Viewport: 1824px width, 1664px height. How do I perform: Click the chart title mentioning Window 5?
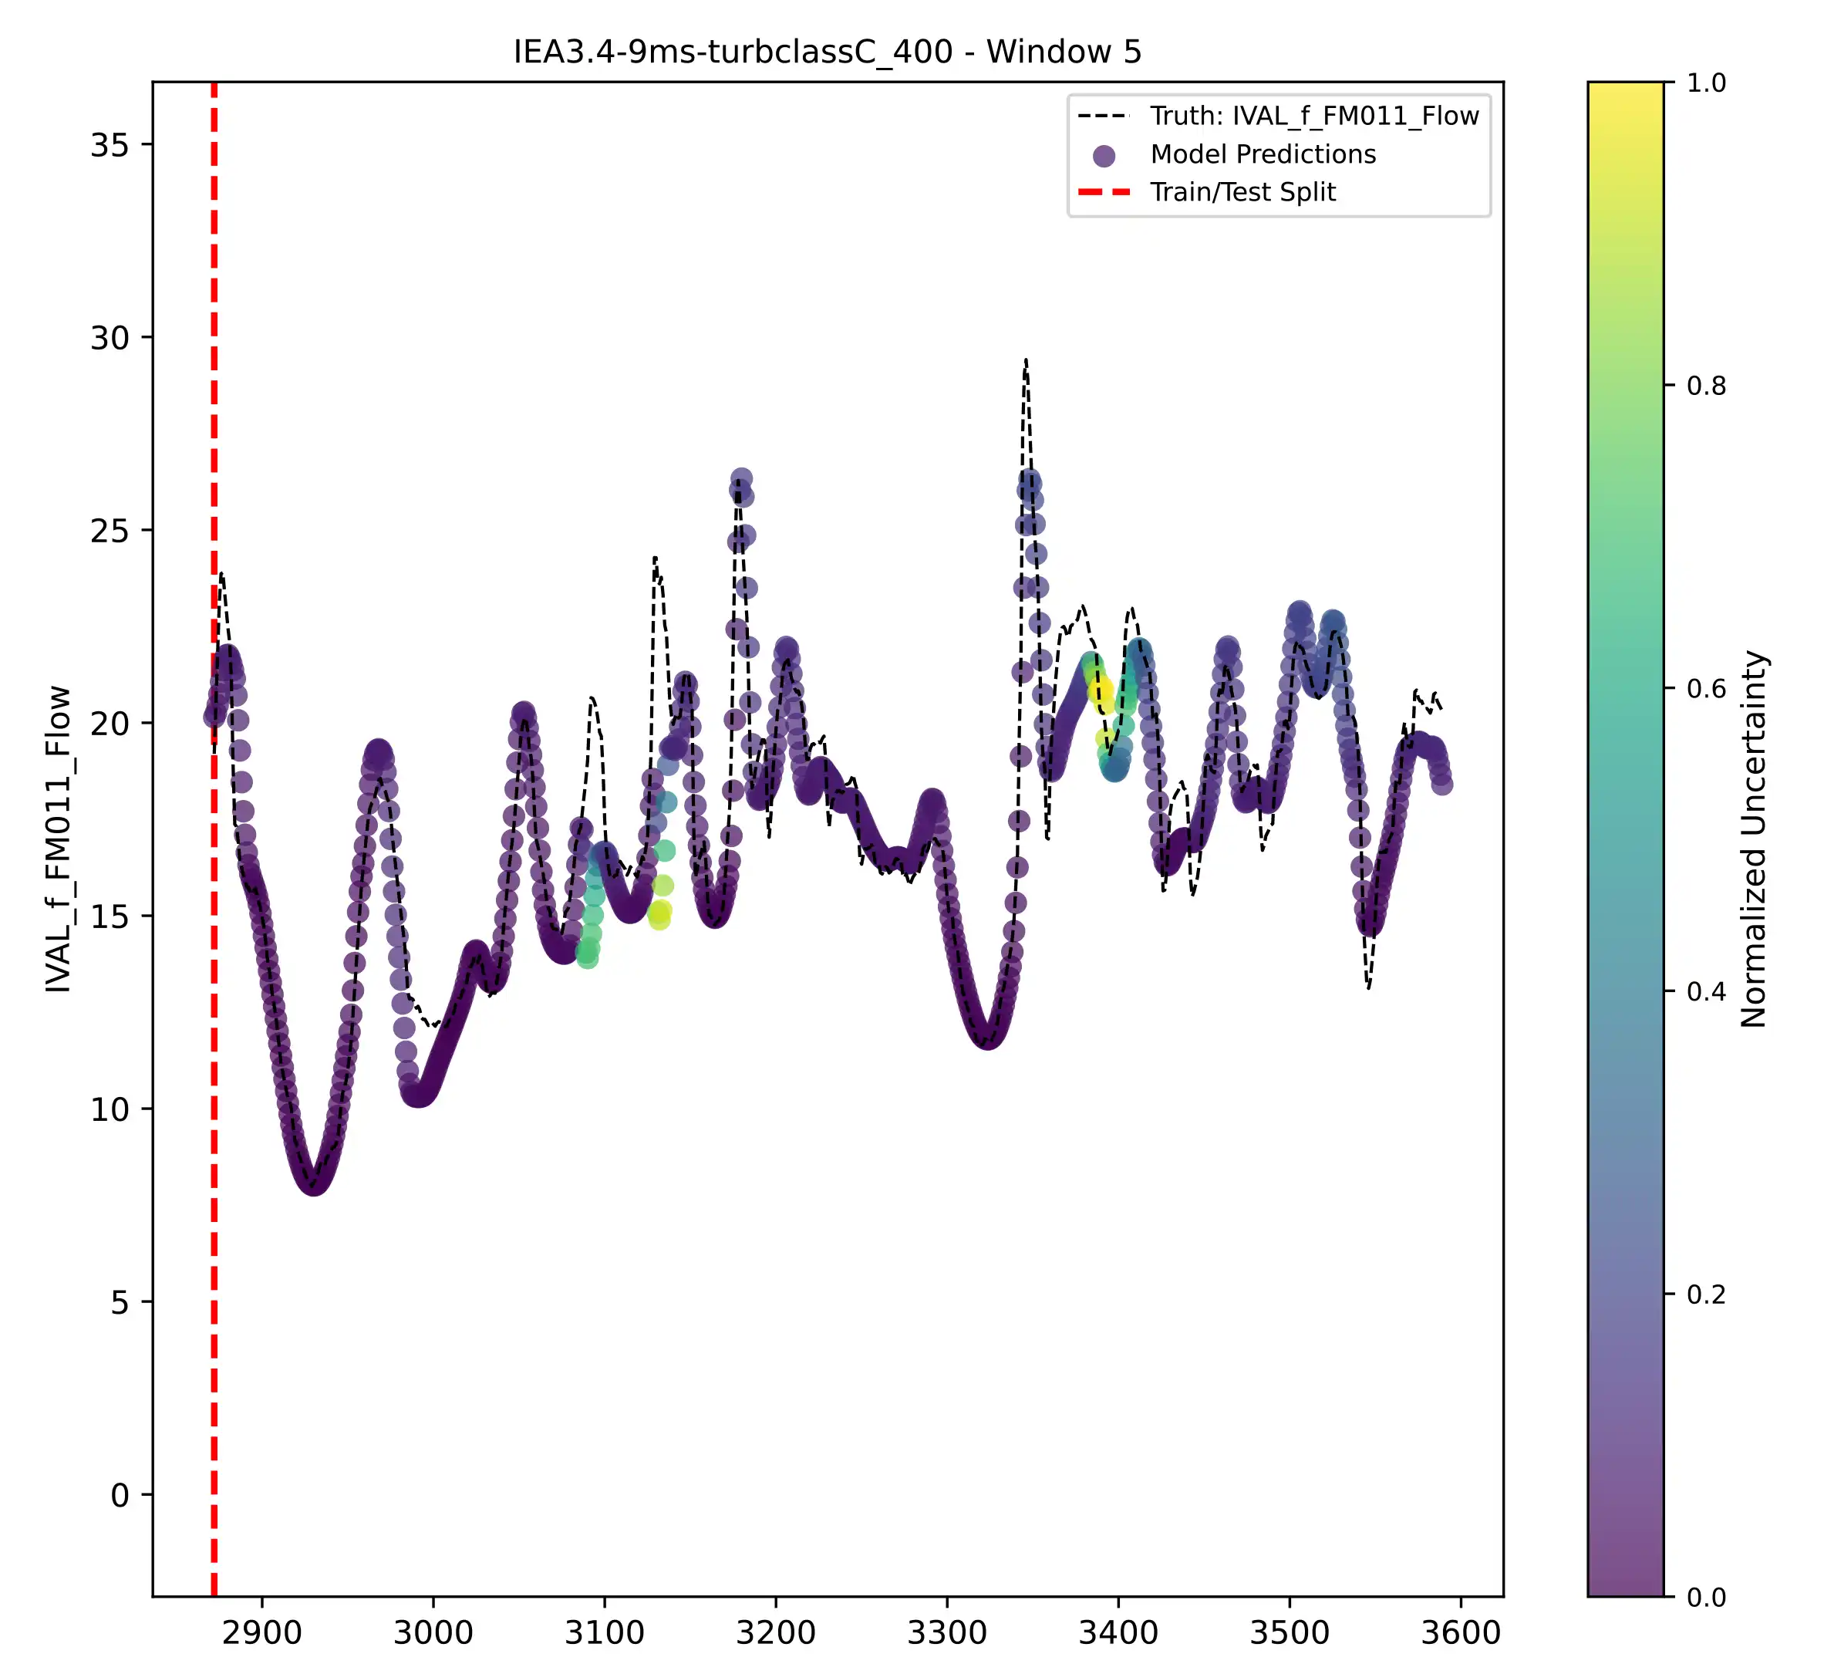pyautogui.click(x=827, y=52)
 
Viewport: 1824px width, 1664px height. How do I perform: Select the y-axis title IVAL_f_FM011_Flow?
pyautogui.click(x=58, y=838)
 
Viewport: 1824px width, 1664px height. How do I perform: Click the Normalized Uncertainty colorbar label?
pyautogui.click(x=1753, y=838)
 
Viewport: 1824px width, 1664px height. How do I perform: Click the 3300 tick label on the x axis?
pyautogui.click(x=947, y=1633)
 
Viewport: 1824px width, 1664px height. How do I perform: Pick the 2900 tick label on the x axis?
pyautogui.click(x=261, y=1633)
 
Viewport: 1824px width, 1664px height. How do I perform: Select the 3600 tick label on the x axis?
pyautogui.click(x=1460, y=1633)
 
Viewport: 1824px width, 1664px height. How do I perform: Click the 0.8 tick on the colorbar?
pyautogui.click(x=1705, y=386)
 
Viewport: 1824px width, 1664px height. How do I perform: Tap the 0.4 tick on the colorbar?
pyautogui.click(x=1705, y=991)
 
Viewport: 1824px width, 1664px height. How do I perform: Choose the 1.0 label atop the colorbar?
pyautogui.click(x=1705, y=83)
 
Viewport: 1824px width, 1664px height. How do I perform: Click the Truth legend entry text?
pyautogui.click(x=1313, y=116)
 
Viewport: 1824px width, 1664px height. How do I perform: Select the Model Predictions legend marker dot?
pyautogui.click(x=1104, y=156)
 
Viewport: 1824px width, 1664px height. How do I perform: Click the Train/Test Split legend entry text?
pyautogui.click(x=1242, y=192)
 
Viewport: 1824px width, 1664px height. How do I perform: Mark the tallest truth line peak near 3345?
pyautogui.click(x=1025, y=360)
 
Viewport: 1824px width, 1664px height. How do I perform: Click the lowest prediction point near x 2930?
pyautogui.click(x=314, y=1182)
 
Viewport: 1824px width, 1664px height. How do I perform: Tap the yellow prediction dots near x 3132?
pyautogui.click(x=659, y=916)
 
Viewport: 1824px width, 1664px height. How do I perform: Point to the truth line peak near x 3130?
pyautogui.click(x=654, y=558)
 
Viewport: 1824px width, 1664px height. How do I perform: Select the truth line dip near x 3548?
pyautogui.click(x=1369, y=988)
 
